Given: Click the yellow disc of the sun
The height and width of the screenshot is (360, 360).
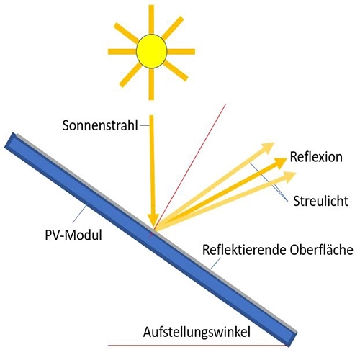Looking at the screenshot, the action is click(151, 51).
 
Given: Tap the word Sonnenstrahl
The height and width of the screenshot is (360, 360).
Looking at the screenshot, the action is click(100, 125).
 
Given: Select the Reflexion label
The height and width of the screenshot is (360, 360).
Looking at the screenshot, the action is click(316, 157).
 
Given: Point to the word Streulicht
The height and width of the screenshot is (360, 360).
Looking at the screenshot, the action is click(320, 201).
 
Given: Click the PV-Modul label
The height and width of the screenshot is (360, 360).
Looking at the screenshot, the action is click(73, 235).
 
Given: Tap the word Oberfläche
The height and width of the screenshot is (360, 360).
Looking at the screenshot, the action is click(322, 250).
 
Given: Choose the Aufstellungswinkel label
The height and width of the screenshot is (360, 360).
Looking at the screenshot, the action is click(197, 333).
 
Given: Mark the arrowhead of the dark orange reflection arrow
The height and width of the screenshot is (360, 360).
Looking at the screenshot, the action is click(280, 163).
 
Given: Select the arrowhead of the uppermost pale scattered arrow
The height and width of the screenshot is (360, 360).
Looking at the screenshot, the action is click(268, 147).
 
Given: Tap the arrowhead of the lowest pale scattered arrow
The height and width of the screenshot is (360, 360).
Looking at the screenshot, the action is click(289, 177).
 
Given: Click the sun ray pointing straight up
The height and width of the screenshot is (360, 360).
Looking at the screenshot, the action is click(151, 19).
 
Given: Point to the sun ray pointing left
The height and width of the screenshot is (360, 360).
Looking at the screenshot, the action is click(122, 51).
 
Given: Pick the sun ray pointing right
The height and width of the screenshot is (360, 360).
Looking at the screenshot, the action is click(181, 51).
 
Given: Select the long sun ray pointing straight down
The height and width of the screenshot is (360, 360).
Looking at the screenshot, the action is click(151, 84).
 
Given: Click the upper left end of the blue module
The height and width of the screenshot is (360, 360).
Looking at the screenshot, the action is click(10, 140).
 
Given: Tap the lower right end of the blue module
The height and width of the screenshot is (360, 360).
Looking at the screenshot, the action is click(292, 339).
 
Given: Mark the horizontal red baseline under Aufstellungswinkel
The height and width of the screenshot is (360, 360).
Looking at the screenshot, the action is click(197, 346).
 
